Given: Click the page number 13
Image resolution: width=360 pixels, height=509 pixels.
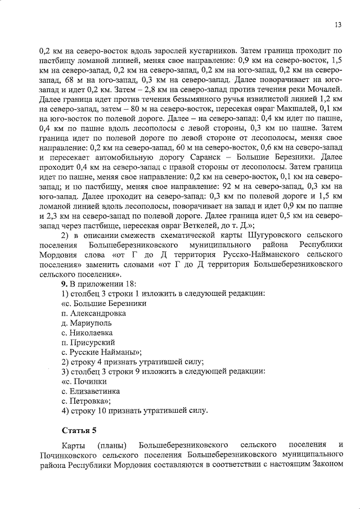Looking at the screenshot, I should tap(338, 25).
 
